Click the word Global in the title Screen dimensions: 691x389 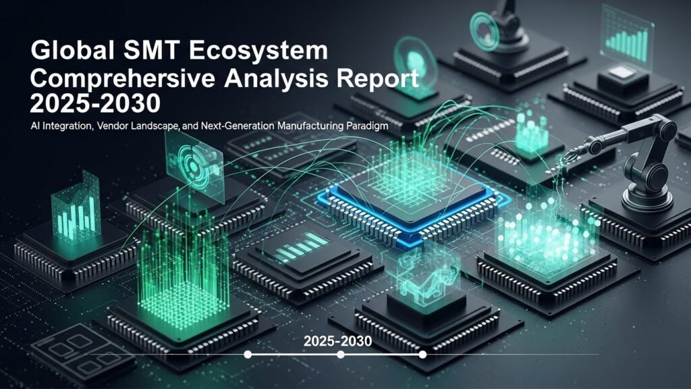point(72,50)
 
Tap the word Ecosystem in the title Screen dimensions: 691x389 point(258,50)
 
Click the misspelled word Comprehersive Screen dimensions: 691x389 point(123,78)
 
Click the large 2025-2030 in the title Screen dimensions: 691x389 point(95,104)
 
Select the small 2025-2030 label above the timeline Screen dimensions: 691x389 point(337,341)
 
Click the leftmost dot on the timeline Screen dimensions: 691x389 point(248,354)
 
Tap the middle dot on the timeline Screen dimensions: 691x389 point(341,354)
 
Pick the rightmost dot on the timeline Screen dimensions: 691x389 point(422,354)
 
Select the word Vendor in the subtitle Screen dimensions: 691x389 point(112,126)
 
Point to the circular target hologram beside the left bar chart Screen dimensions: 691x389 point(194,166)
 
